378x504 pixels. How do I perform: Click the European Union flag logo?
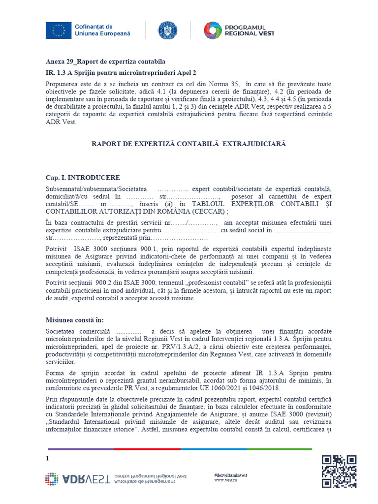59,30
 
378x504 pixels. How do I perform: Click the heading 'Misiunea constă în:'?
75,320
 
